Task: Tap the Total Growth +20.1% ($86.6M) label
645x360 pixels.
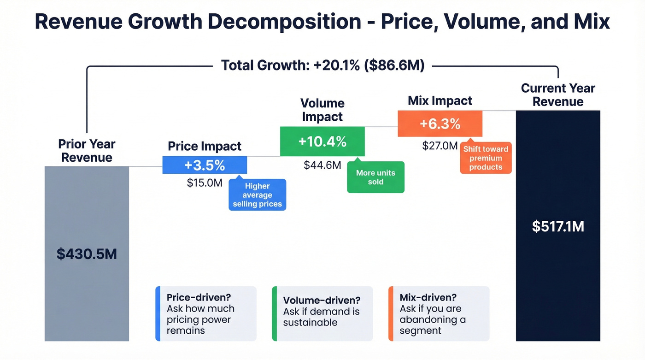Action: (322, 65)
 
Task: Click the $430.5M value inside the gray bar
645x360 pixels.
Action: (87, 254)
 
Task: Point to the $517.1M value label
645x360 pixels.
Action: (558, 226)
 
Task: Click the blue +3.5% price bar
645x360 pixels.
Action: (205, 165)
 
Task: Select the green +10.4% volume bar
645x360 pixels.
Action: (322, 142)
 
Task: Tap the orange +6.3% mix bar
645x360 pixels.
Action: (440, 124)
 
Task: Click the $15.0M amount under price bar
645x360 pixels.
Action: (205, 183)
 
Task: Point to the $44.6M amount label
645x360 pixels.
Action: (322, 165)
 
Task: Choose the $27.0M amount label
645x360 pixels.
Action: (440, 146)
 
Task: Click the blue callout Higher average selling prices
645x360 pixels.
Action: (257, 195)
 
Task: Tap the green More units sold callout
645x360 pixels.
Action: (375, 177)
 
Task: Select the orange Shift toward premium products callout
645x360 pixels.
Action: (486, 158)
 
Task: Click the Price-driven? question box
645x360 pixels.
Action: (206, 313)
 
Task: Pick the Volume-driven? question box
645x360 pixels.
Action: (322, 313)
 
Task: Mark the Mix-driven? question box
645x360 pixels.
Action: (439, 313)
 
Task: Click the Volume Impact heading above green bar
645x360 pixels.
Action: (322, 110)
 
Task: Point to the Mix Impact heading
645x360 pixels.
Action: (440, 101)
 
